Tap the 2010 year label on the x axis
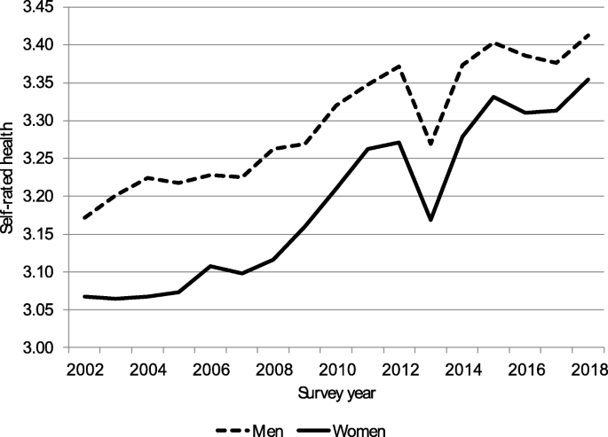[x=335, y=369]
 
